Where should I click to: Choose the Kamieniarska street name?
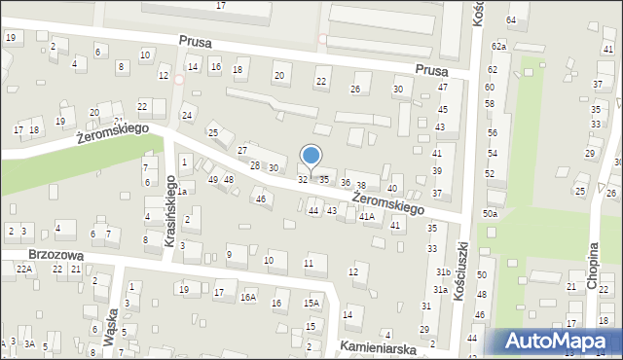tap(379, 346)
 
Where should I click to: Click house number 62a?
tap(498, 47)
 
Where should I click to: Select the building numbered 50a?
tap(490, 213)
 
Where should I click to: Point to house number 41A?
tap(366, 217)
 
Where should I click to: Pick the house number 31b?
tap(443, 271)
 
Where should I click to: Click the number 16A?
tap(248, 297)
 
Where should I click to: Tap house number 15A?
tap(311, 304)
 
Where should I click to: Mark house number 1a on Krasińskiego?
tap(181, 191)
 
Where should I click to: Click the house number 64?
tap(511, 19)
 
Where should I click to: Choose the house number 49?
tap(213, 180)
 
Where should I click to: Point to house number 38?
tap(361, 185)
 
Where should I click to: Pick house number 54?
tap(493, 154)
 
